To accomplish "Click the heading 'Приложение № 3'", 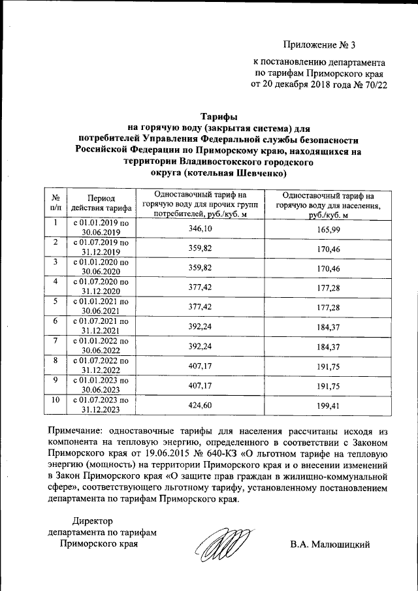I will coord(321,45).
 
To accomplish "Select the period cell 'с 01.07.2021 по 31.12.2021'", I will coord(101,326).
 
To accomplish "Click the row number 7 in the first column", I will coord(56,341).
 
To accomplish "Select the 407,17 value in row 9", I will coord(200,385).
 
